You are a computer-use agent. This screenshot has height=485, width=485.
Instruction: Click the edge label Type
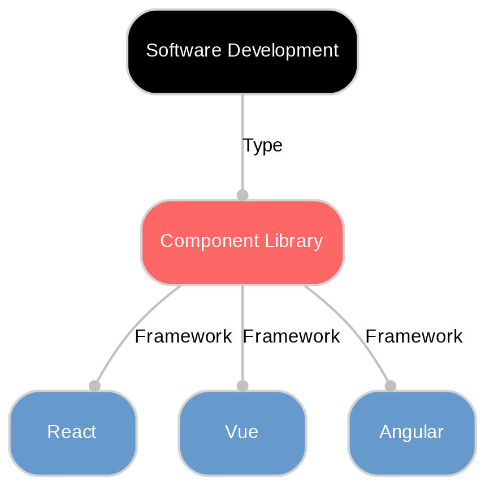point(262,146)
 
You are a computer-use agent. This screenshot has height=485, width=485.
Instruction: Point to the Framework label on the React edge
point(183,337)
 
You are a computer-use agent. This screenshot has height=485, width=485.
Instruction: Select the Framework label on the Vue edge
point(291,337)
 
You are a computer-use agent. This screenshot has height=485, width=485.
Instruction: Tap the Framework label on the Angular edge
point(414,337)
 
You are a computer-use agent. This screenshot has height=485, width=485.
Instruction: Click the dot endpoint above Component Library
point(242,195)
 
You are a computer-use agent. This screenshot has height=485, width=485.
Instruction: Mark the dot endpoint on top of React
point(94,386)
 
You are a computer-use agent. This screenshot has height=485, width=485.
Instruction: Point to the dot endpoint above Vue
point(242,386)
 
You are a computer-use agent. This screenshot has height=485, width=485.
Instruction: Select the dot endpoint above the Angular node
point(390,386)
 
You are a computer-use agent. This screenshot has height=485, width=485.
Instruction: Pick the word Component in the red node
point(202,241)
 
